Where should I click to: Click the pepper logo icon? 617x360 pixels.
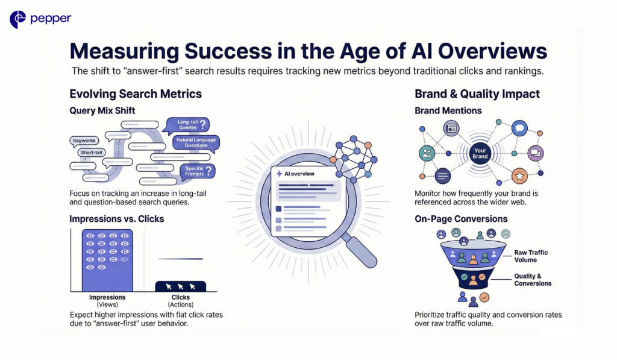(17, 19)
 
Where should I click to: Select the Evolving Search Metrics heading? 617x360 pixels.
(136, 94)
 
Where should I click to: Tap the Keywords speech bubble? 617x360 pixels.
(84, 141)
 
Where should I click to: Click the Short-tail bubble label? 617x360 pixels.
(91, 153)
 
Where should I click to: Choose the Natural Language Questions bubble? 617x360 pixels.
(195, 143)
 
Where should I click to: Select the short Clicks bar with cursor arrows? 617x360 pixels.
(181, 286)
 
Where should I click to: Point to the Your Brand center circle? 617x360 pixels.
(480, 153)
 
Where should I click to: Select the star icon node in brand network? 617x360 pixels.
(519, 176)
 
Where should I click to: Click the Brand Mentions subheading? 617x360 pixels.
(448, 111)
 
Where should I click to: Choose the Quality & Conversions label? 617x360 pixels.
(533, 280)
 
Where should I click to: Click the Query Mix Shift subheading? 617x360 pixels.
(102, 111)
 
